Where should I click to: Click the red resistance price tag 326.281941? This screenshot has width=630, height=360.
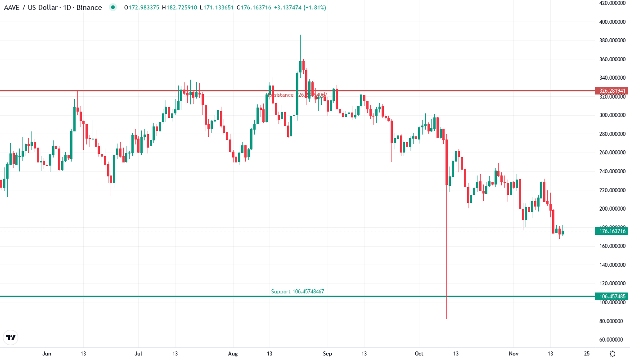coord(611,91)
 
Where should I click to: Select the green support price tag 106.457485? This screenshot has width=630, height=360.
coord(611,297)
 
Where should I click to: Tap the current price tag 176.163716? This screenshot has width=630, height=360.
coord(611,231)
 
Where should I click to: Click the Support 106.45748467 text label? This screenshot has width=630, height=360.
coord(297,292)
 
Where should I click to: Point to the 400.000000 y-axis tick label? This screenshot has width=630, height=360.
coord(612,22)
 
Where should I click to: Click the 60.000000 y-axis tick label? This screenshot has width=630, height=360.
coord(612,340)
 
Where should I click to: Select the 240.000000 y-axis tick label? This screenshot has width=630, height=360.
coord(612,171)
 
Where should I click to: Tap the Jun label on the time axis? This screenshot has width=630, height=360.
coord(47,354)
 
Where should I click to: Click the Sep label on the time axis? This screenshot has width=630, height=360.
coord(328,354)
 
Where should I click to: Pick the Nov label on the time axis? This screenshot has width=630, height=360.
coord(513,354)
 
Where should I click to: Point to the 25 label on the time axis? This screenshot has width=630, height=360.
coord(587,354)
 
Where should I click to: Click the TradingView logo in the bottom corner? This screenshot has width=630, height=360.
coord(10,337)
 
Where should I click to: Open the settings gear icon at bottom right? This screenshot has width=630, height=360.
coord(612,354)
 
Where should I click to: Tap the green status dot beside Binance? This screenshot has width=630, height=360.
coord(112,8)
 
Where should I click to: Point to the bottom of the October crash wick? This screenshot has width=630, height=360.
coord(446,319)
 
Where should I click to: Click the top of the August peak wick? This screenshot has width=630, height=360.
coord(300,35)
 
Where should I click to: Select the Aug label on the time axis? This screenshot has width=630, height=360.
coord(232,354)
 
